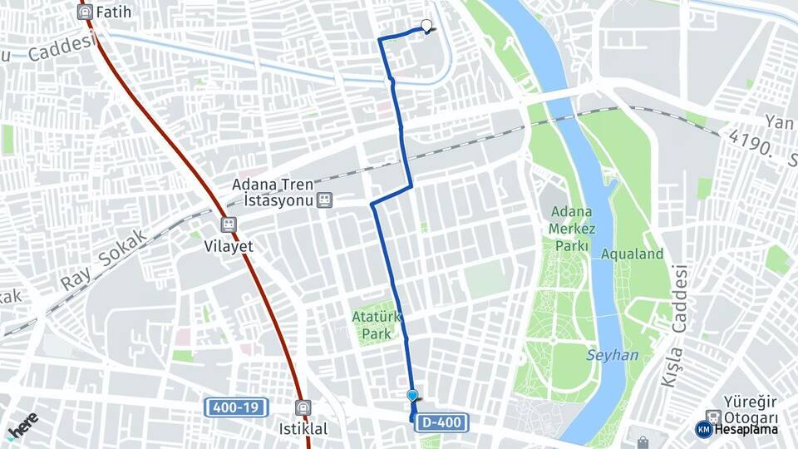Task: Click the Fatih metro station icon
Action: click(x=84, y=12)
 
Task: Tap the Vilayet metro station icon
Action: click(x=229, y=224)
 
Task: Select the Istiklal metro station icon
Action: click(x=303, y=407)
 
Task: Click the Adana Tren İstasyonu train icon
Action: click(x=323, y=200)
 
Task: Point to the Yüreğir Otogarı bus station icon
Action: click(x=712, y=416)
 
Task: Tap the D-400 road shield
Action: click(x=441, y=423)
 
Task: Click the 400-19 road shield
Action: click(x=235, y=407)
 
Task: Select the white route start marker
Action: click(x=427, y=26)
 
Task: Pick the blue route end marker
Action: click(x=412, y=396)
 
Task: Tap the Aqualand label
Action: click(x=632, y=254)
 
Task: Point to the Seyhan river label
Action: click(x=613, y=355)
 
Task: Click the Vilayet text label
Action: click(x=229, y=247)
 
